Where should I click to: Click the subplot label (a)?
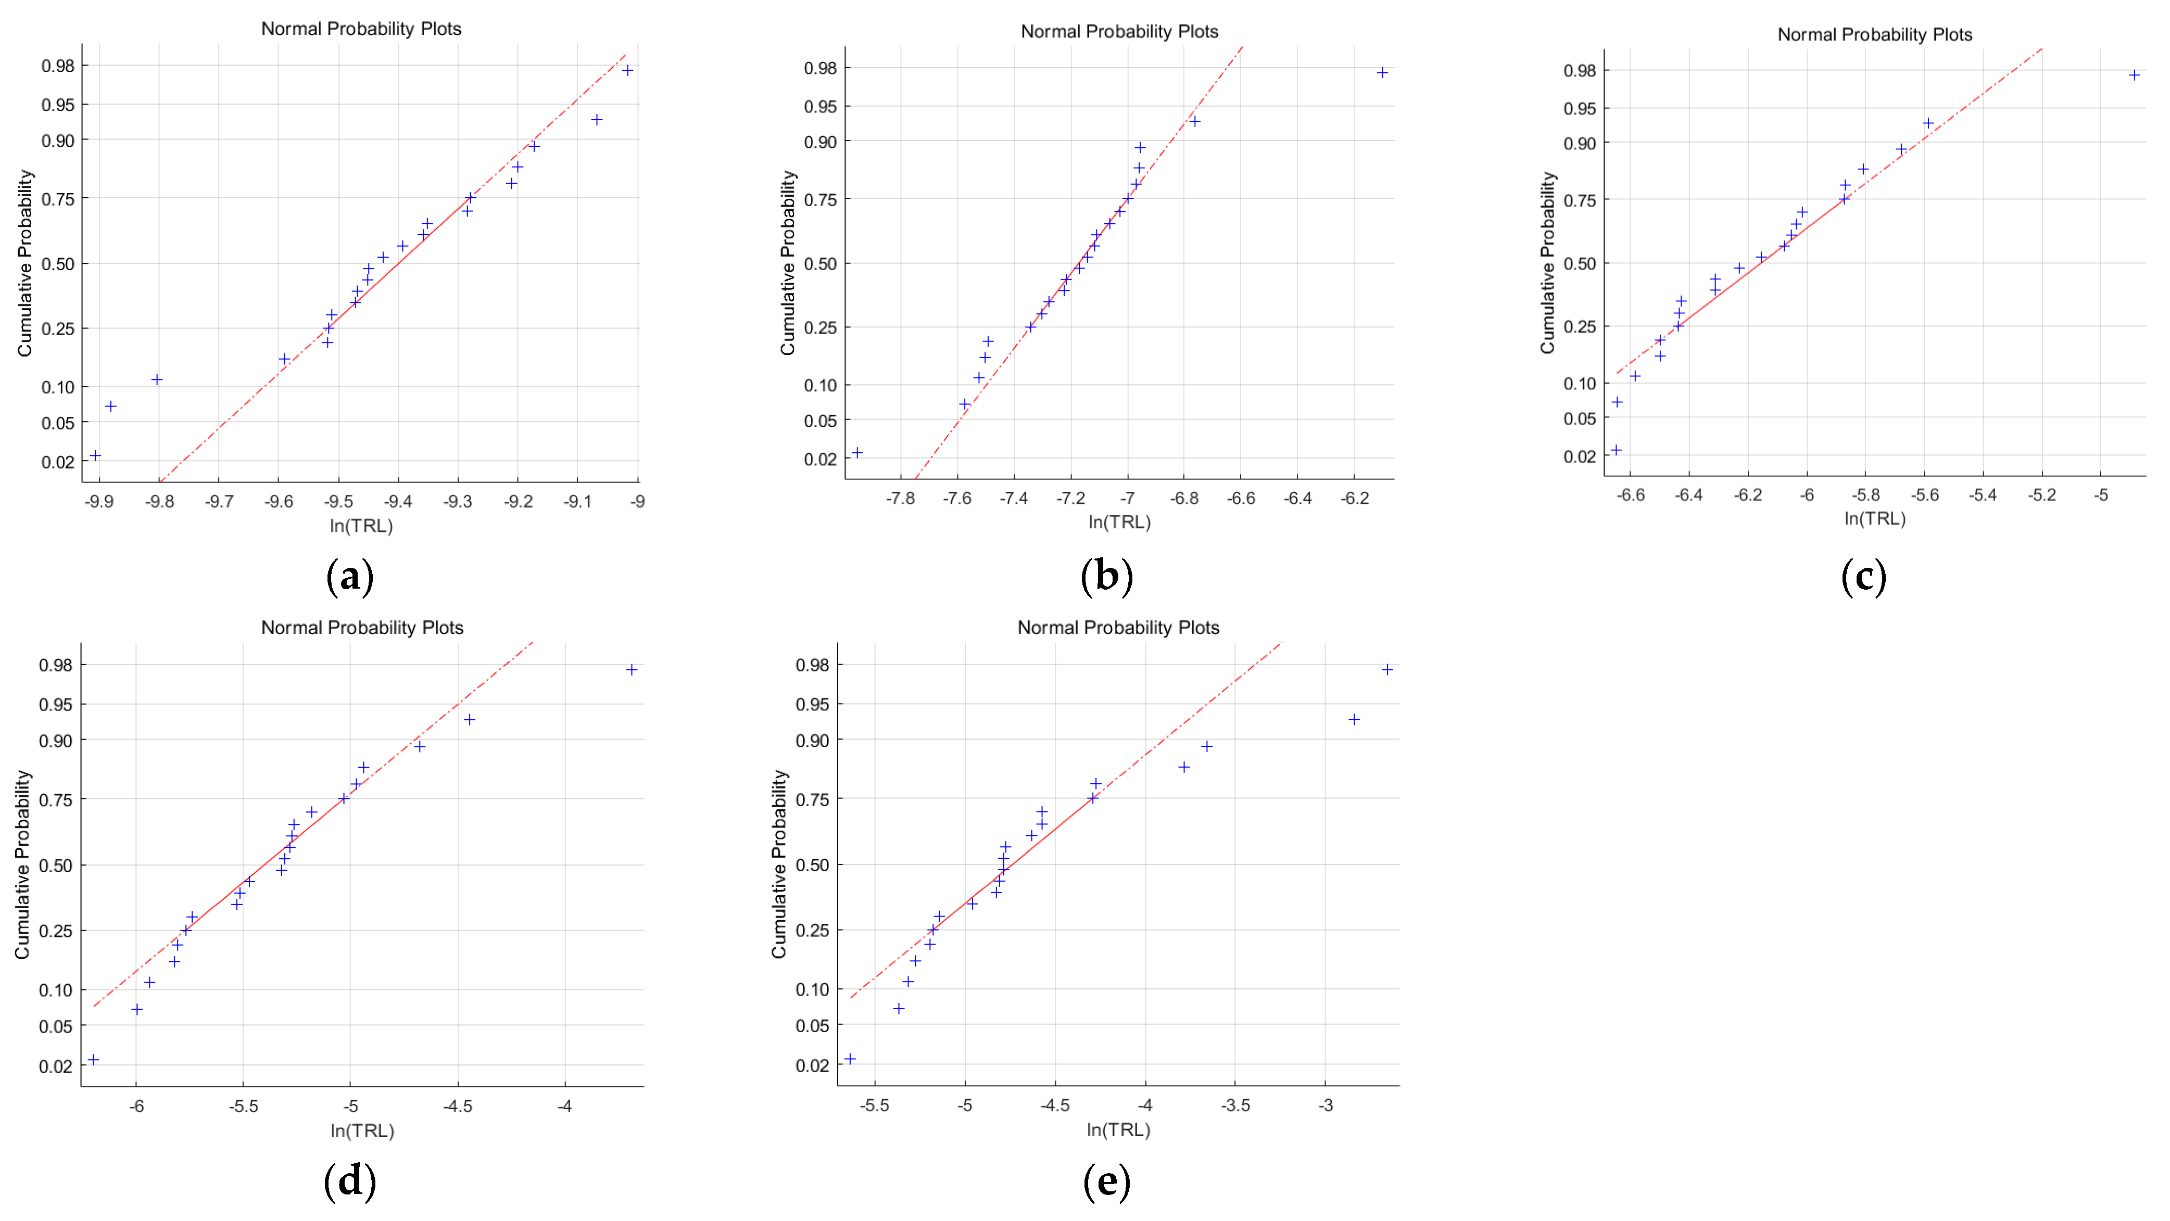click(x=349, y=577)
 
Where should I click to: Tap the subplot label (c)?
click(x=1863, y=577)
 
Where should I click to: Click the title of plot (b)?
click(x=1119, y=32)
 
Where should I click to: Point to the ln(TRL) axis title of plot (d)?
click(x=362, y=1130)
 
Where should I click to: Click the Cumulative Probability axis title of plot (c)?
click(x=1547, y=263)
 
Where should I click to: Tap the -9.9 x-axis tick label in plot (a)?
click(x=99, y=502)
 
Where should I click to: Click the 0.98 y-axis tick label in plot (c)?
click(x=1580, y=71)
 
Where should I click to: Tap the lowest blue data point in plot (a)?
click(x=95, y=455)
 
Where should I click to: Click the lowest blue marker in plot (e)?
click(x=850, y=1059)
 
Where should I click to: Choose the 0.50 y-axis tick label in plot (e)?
click(x=812, y=865)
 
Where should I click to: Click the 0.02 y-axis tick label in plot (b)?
click(x=819, y=459)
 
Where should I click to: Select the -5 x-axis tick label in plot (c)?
click(x=2101, y=495)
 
